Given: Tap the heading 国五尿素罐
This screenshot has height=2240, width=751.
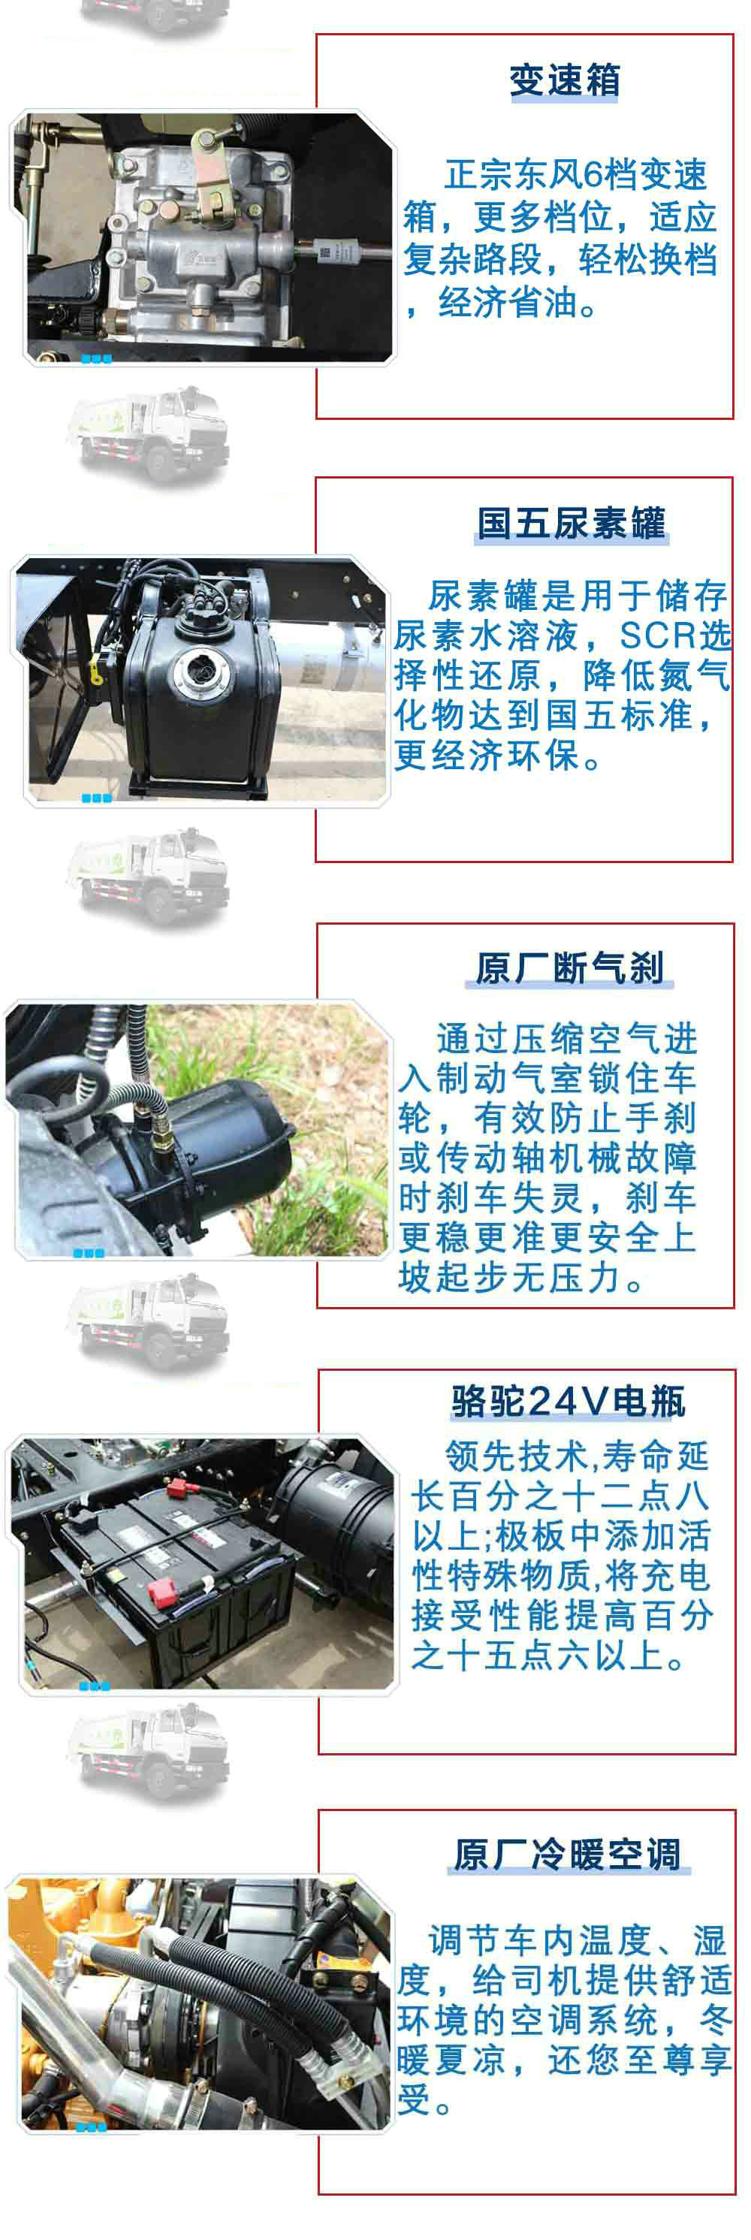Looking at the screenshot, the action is click(x=571, y=524).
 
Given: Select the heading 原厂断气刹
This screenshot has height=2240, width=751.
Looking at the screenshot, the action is click(x=570, y=968).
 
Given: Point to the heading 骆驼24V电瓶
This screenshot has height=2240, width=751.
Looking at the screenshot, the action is click(x=569, y=1401).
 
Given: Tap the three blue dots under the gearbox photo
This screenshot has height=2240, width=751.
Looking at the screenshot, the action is click(x=95, y=358).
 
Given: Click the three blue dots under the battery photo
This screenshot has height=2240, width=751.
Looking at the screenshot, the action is click(x=94, y=1686).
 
